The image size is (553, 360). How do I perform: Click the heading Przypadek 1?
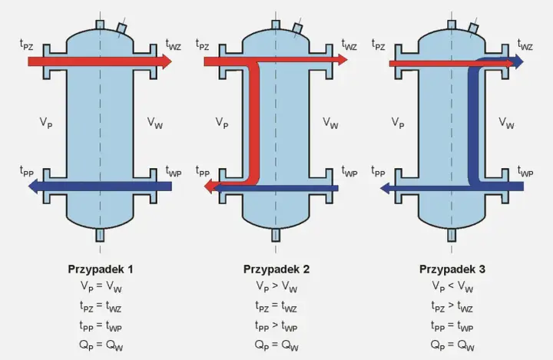point(101,269)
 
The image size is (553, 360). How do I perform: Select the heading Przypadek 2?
point(276,269)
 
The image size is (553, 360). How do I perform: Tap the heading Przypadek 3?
point(452,269)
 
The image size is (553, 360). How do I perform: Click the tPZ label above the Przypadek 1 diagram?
point(26,45)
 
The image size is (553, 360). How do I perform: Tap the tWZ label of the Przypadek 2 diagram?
point(349,45)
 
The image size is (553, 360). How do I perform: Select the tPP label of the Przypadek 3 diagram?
point(378,172)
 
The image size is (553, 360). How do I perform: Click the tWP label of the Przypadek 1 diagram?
point(174,172)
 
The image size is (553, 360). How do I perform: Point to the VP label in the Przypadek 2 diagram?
point(222,123)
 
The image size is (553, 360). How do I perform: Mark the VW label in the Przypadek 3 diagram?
point(506,123)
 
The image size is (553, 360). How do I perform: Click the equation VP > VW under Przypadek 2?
point(276,286)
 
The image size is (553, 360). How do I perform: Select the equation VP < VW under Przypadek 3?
point(452,286)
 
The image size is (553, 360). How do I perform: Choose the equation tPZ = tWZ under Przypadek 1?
point(101,306)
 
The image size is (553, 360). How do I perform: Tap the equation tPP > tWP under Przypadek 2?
point(276,325)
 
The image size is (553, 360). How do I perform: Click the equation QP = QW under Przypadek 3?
point(452,345)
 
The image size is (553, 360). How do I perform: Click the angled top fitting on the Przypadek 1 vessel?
point(122,28)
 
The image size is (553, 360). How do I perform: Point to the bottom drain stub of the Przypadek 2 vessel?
point(276,235)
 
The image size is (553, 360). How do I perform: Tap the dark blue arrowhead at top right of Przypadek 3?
point(518,61)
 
